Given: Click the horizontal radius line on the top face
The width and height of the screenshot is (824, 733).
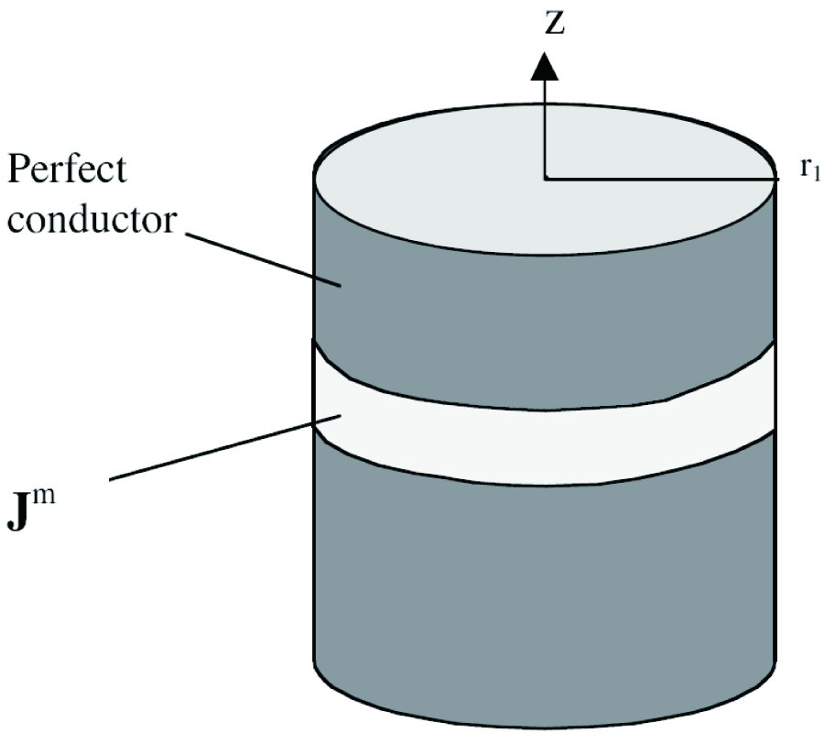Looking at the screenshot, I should (x=659, y=177).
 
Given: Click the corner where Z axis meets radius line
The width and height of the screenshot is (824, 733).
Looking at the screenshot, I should (x=546, y=177).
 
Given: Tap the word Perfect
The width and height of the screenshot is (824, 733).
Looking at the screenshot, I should (x=69, y=171).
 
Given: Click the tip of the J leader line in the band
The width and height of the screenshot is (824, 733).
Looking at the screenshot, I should (x=342, y=417).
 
